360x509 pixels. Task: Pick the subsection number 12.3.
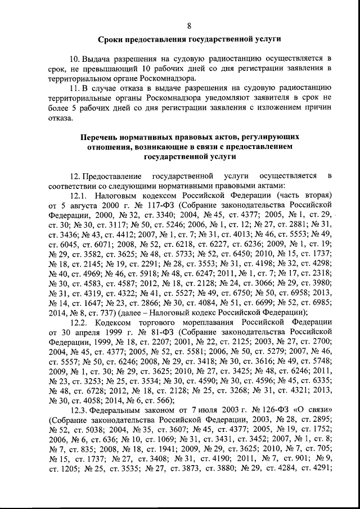point(78,408)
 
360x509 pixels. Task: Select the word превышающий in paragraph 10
point(94,68)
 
